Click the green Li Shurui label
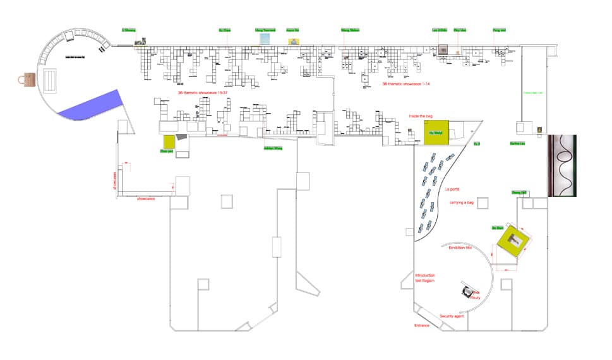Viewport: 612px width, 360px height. [x=129, y=29]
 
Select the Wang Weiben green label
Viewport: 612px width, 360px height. [x=350, y=30]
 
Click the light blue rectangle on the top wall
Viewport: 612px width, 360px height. [x=265, y=39]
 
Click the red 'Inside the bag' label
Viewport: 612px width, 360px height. [x=421, y=116]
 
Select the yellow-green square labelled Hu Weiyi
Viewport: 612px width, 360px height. [x=436, y=133]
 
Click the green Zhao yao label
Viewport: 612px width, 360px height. [x=166, y=152]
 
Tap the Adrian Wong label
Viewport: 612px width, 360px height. [x=272, y=148]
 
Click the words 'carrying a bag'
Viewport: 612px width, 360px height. [x=461, y=202]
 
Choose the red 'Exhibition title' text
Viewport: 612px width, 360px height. [x=460, y=248]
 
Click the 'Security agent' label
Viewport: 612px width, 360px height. [x=452, y=315]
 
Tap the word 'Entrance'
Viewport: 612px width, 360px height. [x=421, y=325]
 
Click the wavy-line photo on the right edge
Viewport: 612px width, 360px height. [x=563, y=165]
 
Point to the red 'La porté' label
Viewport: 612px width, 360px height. [x=452, y=189]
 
